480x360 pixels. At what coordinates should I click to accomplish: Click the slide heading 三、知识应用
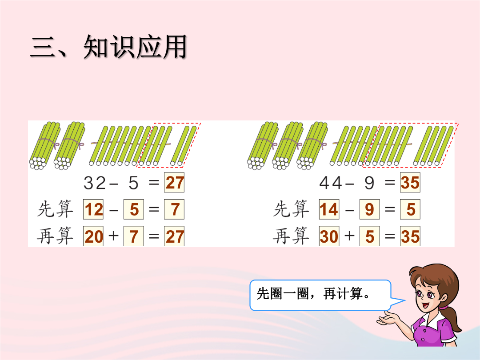click(109, 47)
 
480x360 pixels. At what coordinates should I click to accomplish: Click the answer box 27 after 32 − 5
click(174, 183)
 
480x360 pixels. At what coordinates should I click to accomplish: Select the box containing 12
click(93, 209)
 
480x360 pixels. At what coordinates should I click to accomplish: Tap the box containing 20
click(93, 236)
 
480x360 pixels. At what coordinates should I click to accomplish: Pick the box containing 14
click(329, 209)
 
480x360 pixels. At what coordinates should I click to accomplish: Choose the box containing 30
click(329, 236)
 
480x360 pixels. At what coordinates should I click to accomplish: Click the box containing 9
click(369, 209)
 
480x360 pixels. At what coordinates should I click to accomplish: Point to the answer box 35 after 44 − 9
click(410, 183)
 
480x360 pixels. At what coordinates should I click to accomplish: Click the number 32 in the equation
click(95, 183)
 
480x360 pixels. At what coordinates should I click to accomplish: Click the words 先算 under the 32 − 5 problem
click(55, 209)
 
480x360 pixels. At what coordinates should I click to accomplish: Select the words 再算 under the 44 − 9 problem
click(291, 236)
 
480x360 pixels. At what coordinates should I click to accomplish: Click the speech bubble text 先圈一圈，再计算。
click(313, 294)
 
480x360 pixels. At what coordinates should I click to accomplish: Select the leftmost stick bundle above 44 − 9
click(263, 146)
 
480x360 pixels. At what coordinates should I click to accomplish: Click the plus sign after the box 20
click(114, 236)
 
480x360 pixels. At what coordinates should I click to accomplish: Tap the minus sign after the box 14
click(349, 210)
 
